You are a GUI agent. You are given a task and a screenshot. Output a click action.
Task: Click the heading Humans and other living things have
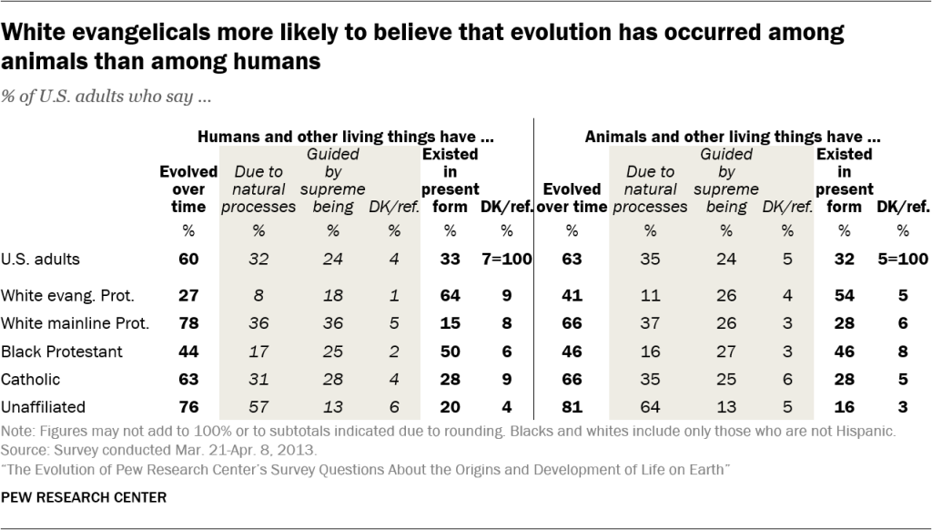tap(346, 137)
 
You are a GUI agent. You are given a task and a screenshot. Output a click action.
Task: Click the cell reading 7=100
tap(506, 259)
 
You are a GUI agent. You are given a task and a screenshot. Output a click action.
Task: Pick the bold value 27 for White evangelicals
tap(187, 295)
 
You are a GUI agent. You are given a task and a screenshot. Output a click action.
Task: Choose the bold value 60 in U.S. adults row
tap(187, 259)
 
